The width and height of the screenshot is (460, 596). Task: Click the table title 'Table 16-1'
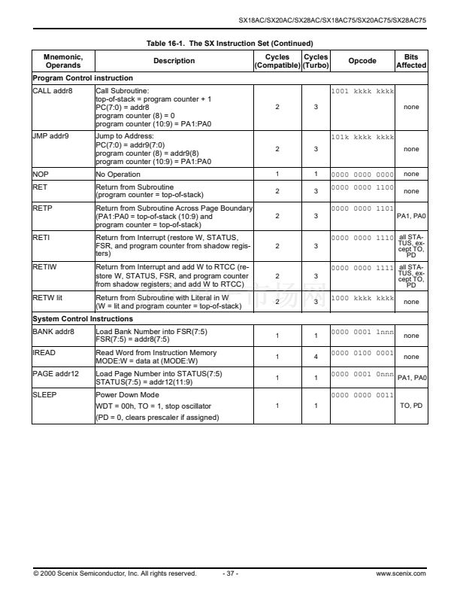point(229,43)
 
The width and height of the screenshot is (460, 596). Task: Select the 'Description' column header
point(174,61)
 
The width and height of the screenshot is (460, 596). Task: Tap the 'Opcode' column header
point(362,61)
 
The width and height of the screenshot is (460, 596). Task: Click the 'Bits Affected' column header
point(411,61)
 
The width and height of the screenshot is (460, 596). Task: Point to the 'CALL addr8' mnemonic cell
point(53,90)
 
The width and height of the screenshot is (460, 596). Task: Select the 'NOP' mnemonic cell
point(41,174)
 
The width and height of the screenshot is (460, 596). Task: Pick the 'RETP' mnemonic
point(43,208)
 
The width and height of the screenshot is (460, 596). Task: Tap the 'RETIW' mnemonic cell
point(45,266)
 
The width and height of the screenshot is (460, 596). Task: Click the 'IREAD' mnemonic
point(45,352)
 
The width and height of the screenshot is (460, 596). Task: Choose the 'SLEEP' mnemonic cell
point(45,393)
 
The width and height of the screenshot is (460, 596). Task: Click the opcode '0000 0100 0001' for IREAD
point(362,352)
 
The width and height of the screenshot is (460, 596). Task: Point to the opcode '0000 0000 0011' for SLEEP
point(362,393)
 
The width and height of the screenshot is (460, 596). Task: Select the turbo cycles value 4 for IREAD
point(316,357)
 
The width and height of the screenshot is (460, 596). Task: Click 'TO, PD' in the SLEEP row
point(411,406)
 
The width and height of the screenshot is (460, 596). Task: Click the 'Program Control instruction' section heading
point(82,78)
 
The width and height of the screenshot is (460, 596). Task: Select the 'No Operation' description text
point(118,174)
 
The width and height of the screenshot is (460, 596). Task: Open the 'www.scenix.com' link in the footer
point(401,573)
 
